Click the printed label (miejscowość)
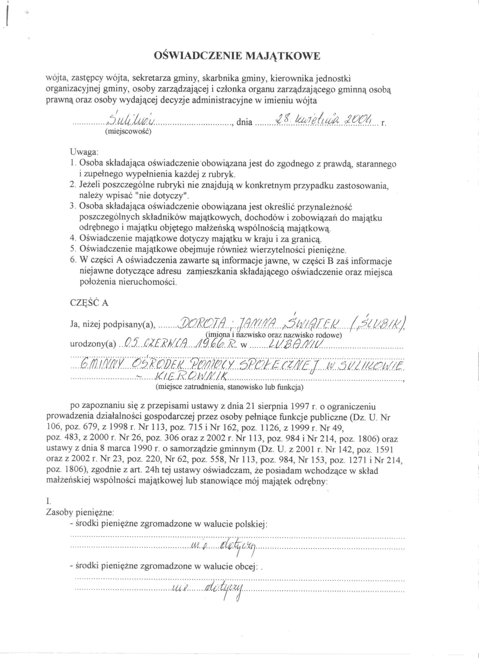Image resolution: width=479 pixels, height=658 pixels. [128, 131]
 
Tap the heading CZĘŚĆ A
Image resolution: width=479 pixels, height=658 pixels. [89, 303]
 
